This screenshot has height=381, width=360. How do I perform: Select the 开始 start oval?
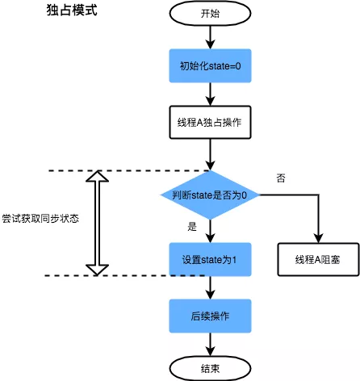click(x=210, y=14)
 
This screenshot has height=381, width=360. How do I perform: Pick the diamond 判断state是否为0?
click(x=210, y=195)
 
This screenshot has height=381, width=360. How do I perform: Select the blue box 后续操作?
click(x=210, y=315)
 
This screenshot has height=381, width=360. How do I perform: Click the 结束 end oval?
click(x=210, y=367)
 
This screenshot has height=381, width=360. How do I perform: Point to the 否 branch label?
click(x=280, y=178)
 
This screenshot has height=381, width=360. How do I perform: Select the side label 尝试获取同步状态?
click(x=40, y=220)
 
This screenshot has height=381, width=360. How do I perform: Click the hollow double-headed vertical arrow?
click(x=97, y=223)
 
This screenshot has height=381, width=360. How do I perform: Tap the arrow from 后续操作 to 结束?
click(x=210, y=343)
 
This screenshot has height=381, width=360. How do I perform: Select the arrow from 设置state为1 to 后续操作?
click(x=210, y=287)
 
